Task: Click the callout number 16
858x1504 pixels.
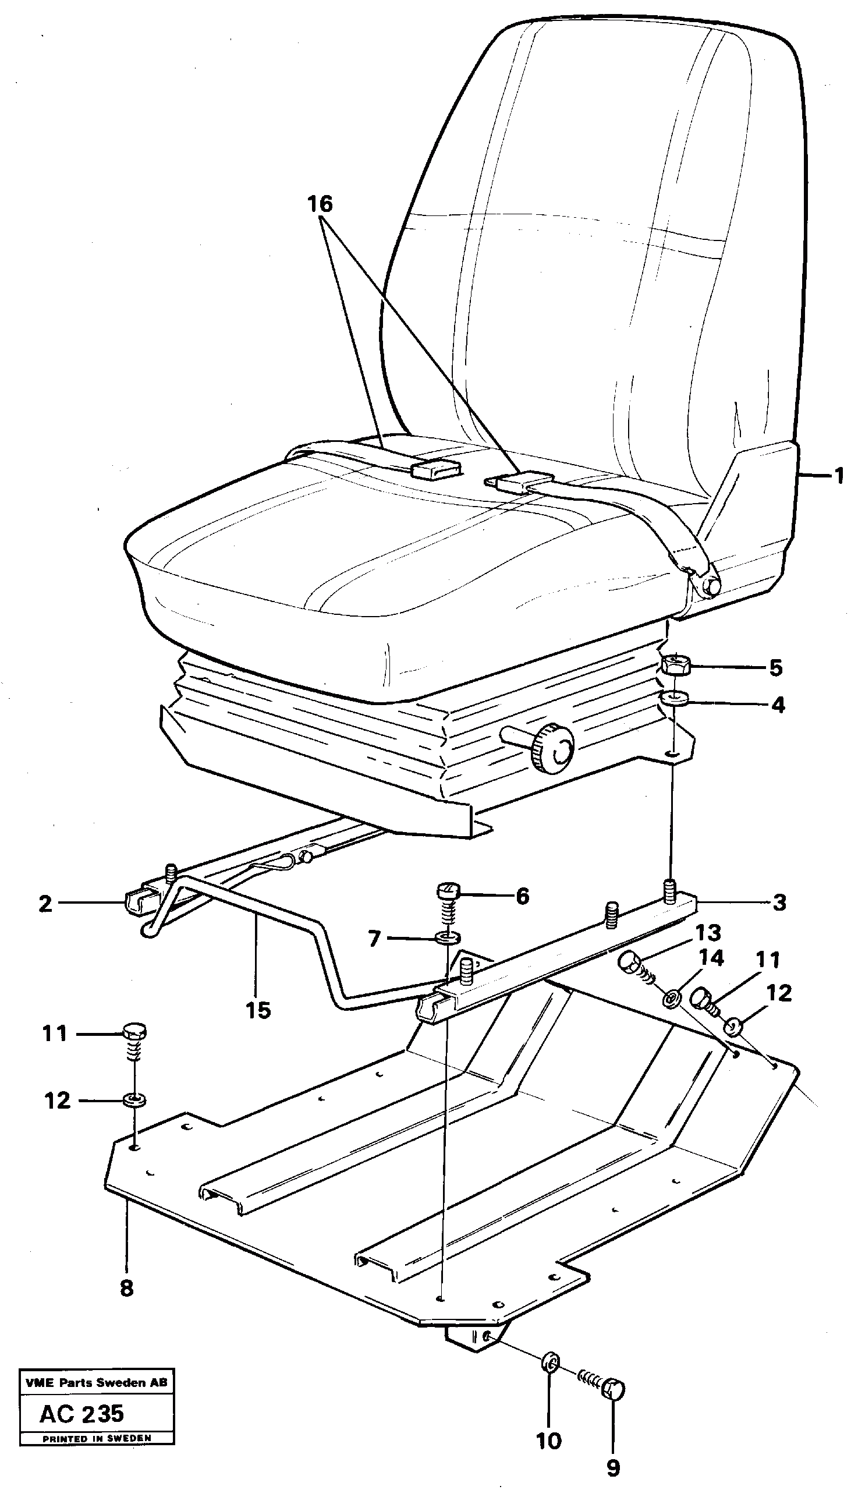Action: coord(320,204)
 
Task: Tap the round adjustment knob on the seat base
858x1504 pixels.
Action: coord(551,747)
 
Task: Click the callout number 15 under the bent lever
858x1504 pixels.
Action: coord(258,1010)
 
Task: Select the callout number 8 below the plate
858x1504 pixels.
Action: coord(126,1289)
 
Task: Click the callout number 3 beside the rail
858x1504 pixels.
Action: coord(779,903)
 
